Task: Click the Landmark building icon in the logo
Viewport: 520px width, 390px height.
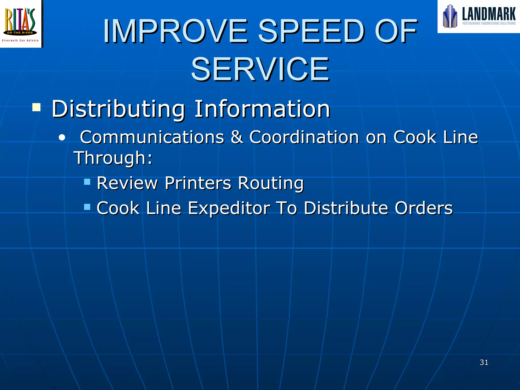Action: (450, 16)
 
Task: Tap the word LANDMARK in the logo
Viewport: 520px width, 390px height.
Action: (489, 14)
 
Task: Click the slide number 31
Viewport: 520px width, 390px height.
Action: (484, 362)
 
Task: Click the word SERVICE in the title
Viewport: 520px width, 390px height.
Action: (260, 69)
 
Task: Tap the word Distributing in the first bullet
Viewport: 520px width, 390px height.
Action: (118, 109)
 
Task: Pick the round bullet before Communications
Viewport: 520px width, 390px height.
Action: (62, 138)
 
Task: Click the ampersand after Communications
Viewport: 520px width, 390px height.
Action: (237, 137)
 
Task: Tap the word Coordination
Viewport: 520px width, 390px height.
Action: (304, 137)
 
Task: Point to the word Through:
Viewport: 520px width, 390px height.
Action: (113, 158)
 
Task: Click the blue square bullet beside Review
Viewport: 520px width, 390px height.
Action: (87, 182)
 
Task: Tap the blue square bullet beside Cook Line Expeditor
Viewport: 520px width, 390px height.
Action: (87, 207)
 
